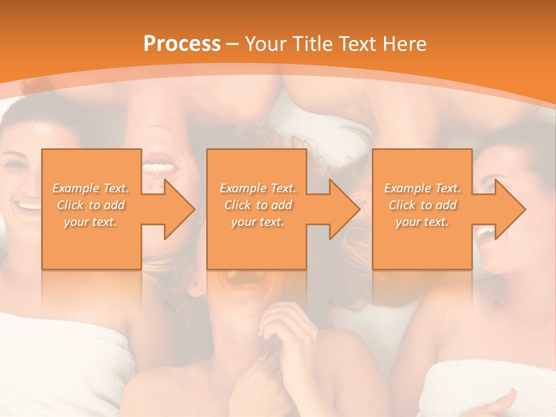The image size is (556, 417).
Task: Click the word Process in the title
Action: pos(182,44)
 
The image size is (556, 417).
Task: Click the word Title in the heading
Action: pos(310,44)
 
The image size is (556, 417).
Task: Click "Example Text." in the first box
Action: pos(91,188)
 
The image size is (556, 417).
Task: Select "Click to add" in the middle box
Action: pos(258,205)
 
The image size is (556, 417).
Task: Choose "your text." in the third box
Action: pos(422,222)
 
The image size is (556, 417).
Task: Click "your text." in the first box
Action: pos(91,222)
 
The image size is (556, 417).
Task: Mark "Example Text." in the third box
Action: pos(422,188)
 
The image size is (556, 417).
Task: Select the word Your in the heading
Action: pos(264,44)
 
